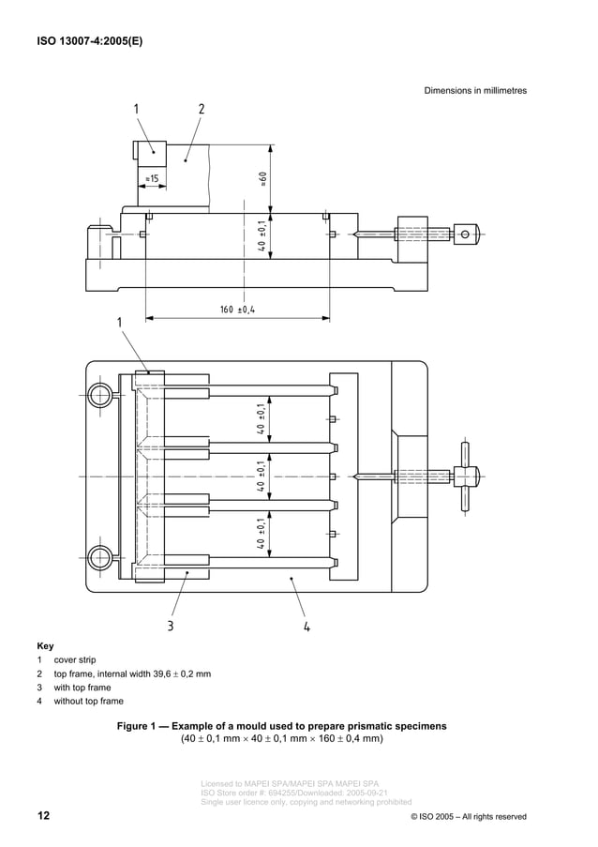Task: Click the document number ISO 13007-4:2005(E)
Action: coord(90,41)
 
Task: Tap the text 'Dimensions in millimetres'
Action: coord(475,91)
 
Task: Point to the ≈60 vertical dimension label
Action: coord(264,178)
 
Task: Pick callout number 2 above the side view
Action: coord(202,109)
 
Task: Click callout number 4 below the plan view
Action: coord(306,627)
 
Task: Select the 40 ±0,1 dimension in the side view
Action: coord(264,236)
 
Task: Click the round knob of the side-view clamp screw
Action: coord(467,234)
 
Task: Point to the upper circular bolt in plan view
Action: coord(99,395)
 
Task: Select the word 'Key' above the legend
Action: coord(45,646)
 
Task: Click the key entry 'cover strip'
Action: coord(75,660)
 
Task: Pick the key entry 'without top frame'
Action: coord(88,701)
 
